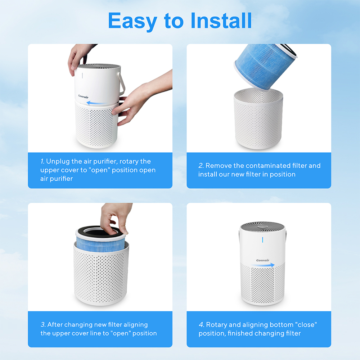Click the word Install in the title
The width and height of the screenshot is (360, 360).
(221, 21)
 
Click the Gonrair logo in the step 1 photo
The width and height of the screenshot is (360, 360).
(84, 96)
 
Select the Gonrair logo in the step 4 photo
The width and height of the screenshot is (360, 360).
(263, 260)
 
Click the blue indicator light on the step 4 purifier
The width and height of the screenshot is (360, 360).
(262, 240)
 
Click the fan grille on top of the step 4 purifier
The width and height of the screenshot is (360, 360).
(263, 226)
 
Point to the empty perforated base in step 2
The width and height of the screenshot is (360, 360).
(258, 120)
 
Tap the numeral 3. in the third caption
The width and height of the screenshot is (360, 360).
(43, 324)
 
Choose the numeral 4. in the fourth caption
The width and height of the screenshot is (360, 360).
(201, 324)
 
